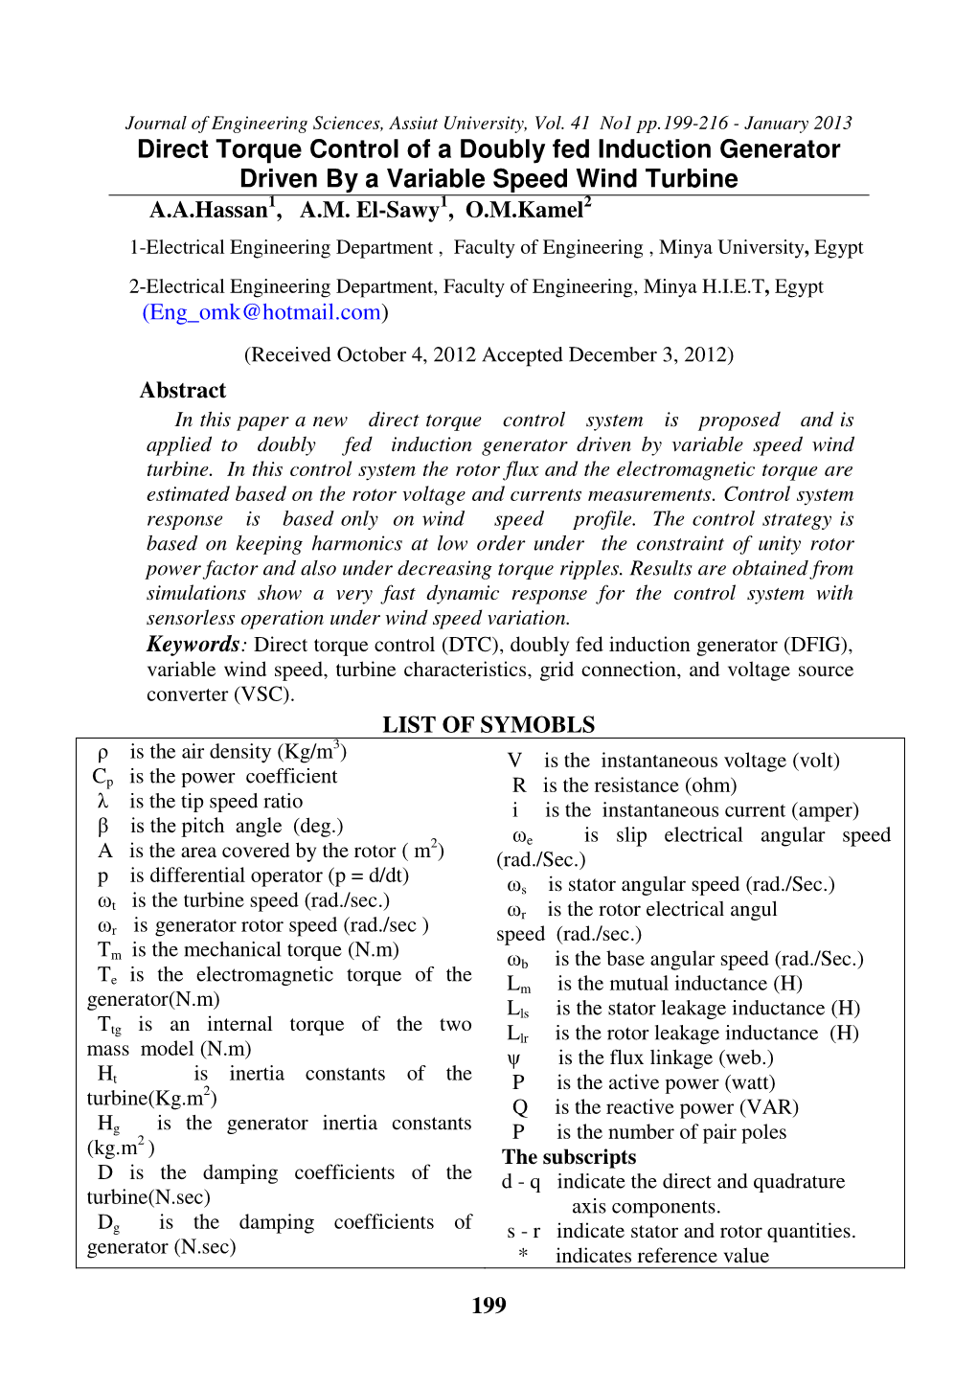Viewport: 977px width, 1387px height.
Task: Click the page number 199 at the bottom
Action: [x=488, y=1306]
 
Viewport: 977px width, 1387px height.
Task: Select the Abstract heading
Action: [x=183, y=391]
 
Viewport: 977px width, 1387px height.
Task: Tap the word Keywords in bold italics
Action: [x=193, y=645]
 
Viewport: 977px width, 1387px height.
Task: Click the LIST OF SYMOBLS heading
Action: [x=488, y=725]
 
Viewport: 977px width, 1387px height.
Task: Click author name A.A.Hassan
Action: [x=210, y=210]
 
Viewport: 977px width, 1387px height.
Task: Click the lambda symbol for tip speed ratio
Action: [x=102, y=802]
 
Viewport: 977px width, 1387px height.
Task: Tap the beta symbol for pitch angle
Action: [x=102, y=827]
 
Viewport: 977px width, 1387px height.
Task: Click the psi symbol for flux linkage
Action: [x=514, y=1058]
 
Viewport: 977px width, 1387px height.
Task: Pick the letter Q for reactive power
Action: [x=520, y=1108]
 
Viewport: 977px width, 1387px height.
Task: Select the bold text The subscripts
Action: [x=569, y=1157]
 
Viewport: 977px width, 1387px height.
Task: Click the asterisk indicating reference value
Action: [x=523, y=1256]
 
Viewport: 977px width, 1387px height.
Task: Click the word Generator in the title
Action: [x=780, y=149]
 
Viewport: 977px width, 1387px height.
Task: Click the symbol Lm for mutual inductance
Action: [x=518, y=985]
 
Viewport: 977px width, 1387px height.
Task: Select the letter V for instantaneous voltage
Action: [x=515, y=761]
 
